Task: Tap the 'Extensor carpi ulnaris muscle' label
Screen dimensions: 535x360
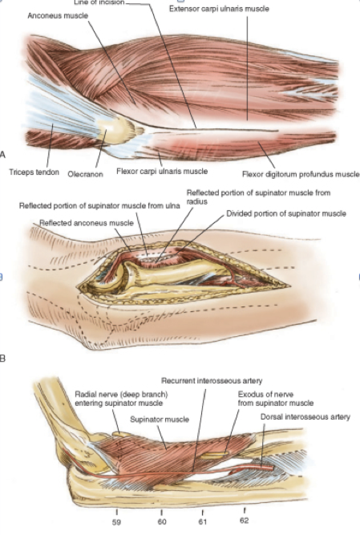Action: click(219, 9)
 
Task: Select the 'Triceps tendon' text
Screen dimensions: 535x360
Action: click(34, 172)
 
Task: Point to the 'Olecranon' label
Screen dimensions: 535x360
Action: click(85, 174)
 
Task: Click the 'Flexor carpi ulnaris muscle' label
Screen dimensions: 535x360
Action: click(162, 171)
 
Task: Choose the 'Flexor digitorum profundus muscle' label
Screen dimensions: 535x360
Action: click(301, 174)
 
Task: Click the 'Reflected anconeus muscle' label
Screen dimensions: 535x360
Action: click(87, 223)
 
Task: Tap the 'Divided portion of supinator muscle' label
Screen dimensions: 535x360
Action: click(286, 213)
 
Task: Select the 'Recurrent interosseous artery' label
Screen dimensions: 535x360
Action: click(212, 380)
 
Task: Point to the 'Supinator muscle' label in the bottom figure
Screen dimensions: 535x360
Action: click(160, 419)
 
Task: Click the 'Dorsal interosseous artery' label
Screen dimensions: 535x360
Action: click(305, 417)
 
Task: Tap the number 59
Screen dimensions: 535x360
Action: click(117, 522)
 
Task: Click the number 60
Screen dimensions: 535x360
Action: click(162, 522)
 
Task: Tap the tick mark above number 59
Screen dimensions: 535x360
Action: click(117, 512)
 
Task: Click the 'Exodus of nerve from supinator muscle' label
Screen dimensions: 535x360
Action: click(275, 398)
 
